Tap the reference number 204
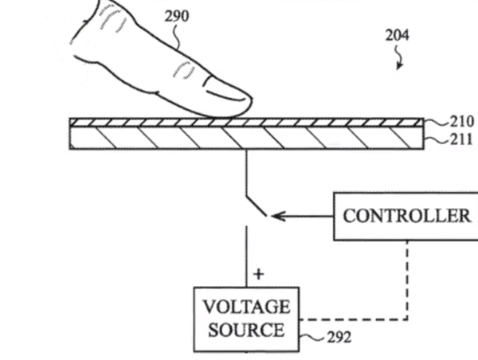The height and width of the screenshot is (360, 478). [x=398, y=35]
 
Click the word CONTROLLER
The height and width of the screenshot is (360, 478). [x=406, y=216]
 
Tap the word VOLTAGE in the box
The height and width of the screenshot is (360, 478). [x=246, y=307]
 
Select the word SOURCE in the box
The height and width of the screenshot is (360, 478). [x=246, y=329]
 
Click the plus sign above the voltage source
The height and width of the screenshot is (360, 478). [x=257, y=274]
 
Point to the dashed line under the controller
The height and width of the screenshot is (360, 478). [x=407, y=279]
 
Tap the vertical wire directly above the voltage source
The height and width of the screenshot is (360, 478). [x=246, y=255]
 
